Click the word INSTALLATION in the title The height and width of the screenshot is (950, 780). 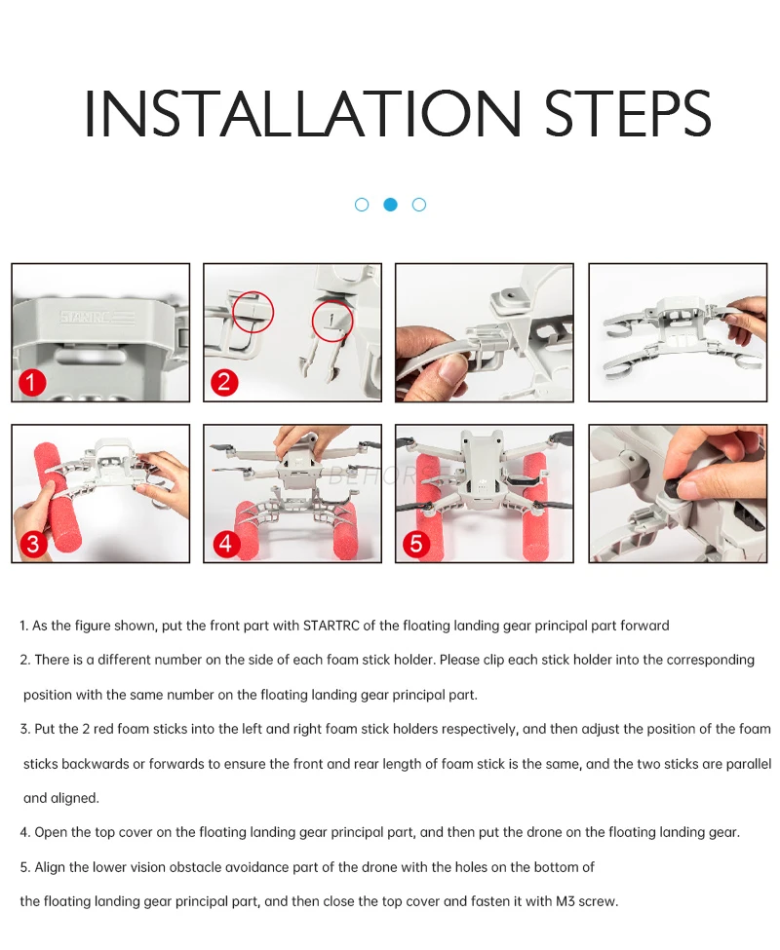point(302,113)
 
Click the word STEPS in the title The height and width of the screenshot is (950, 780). point(628,113)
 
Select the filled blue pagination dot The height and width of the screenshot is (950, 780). point(390,205)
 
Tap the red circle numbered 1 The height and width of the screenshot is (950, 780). point(32,383)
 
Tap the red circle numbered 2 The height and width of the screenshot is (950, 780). point(224,382)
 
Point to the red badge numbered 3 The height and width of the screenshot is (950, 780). point(33,544)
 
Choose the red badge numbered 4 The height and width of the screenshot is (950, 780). point(225,543)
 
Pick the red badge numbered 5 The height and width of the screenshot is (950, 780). point(416,543)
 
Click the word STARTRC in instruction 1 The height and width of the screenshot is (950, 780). point(331,626)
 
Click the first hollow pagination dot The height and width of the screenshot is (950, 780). point(362,205)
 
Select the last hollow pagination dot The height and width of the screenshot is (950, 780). point(419,205)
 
